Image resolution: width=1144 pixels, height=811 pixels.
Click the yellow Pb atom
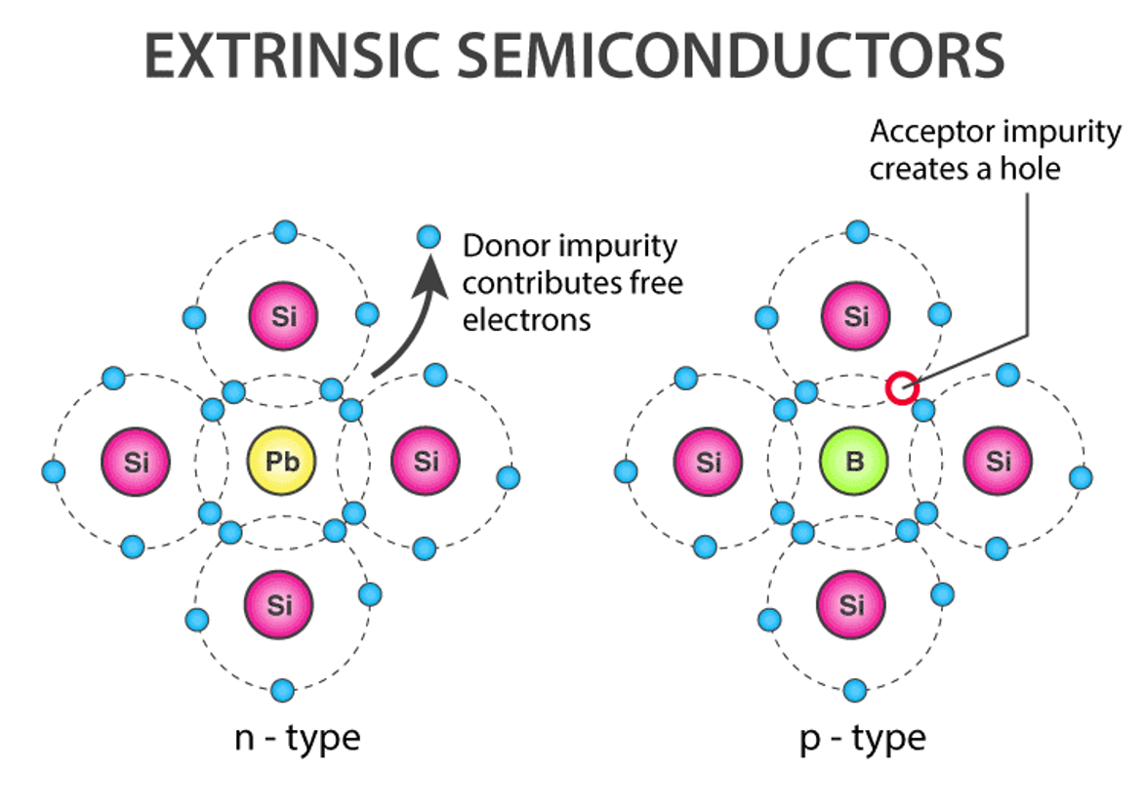281,461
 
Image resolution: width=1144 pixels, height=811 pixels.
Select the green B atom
854,461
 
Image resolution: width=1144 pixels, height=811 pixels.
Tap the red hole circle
903,388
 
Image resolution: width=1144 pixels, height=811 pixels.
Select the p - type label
862,737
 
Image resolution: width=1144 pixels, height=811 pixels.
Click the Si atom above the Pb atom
281,316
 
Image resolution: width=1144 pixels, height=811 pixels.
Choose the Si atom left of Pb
137,461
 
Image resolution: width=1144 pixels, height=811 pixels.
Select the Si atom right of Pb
426,461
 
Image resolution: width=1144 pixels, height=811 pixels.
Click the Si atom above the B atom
854,316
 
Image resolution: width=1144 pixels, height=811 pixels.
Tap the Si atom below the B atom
853,605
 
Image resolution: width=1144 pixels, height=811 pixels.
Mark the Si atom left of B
710,461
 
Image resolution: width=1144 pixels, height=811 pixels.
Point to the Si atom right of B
999,461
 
